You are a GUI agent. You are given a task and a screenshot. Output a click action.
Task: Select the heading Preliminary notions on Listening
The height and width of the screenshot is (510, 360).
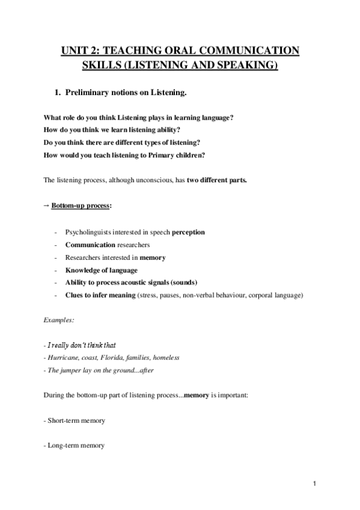pyautogui.click(x=129, y=92)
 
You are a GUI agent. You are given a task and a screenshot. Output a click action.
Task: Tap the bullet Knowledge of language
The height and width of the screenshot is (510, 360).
pyautogui.click(x=101, y=270)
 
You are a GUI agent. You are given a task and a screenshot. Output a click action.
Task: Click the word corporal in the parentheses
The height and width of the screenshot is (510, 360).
pyautogui.click(x=257, y=295)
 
